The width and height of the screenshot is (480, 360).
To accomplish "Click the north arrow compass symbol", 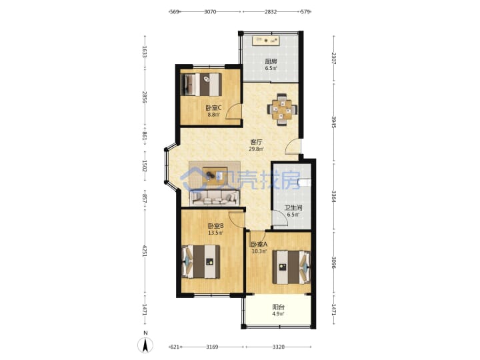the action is coord(145,346).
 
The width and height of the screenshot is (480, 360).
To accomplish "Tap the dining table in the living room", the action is coord(282,109).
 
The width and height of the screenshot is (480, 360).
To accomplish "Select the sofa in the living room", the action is coord(214,198).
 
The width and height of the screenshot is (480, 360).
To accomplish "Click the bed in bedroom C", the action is coord(201,84).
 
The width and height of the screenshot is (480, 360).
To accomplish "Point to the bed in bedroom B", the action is coord(201,261).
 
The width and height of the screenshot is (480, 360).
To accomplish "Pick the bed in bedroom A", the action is coord(291,267).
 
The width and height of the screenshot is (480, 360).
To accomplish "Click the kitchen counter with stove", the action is coord(266,41).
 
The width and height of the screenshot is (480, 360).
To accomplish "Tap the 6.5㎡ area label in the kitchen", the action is coord(271,68).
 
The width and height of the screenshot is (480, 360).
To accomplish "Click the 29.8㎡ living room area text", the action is coord(256,149).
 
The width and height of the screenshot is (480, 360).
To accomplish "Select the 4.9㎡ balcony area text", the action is coord(278,314).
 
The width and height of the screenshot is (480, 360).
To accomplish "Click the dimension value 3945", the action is coord(334,122).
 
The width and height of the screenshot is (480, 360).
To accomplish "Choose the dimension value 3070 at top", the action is coord(210,12).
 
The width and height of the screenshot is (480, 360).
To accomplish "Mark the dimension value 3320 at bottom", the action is coord(279,347).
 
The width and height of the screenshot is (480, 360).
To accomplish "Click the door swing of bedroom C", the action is coord(233,112).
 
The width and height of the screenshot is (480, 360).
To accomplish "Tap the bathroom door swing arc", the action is coord(280,219).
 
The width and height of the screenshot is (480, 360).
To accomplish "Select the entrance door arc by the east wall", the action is coord(293,146).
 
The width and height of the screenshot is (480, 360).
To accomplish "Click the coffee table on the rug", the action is coord(215,175).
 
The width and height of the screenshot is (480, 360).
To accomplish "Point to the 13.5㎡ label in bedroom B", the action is coord(215,233).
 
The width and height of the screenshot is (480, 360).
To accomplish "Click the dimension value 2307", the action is coord(334,58).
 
